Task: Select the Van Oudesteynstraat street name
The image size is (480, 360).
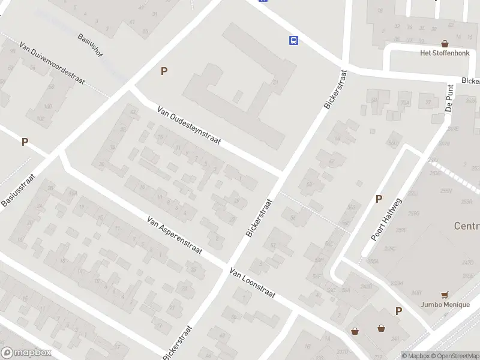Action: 189,127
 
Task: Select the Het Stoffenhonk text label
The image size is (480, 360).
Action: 444,53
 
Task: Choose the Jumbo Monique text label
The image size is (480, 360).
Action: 445,304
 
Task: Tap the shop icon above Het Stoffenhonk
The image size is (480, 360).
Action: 445,43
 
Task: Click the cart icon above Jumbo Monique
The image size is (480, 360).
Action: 445,295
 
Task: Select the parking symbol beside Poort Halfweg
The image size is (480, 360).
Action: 379,199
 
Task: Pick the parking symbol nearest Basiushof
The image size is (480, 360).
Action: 163,71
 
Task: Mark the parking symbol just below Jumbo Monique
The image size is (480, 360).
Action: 398,311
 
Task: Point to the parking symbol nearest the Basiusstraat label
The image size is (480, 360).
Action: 25,142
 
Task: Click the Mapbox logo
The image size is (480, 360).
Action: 26,353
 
